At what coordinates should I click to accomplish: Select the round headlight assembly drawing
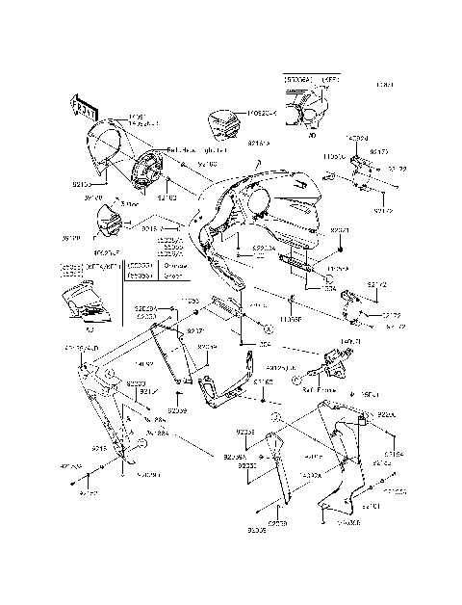point(150,170)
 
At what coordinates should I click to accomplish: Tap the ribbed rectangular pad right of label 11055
point(223,309)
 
